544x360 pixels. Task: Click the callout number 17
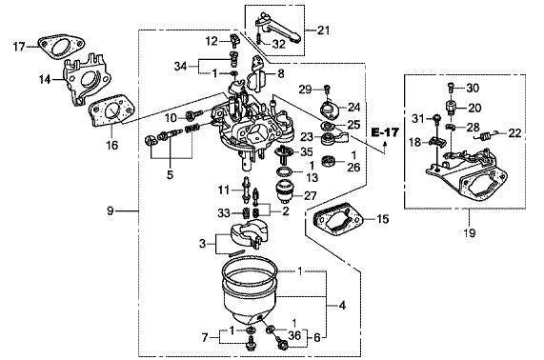point(18,46)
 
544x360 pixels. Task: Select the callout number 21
point(324,30)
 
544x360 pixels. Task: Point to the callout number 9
point(112,210)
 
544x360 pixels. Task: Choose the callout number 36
point(293,334)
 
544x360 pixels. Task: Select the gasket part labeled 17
point(53,45)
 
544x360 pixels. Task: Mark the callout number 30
point(473,87)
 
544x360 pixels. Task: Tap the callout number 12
point(211,40)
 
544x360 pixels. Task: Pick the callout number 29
point(304,89)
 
